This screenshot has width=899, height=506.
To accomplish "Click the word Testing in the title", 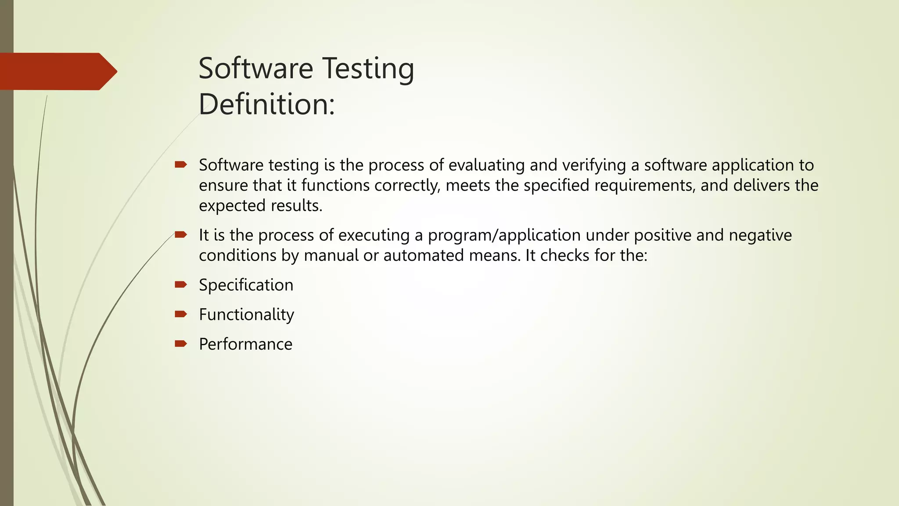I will [x=368, y=69].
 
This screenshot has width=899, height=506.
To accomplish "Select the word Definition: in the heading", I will [x=266, y=105].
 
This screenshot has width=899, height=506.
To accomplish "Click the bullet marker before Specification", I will [x=180, y=285].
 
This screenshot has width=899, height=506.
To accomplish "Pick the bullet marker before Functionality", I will [x=180, y=314].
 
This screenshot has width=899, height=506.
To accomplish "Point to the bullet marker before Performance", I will [x=180, y=343].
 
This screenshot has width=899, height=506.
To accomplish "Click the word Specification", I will [x=246, y=285].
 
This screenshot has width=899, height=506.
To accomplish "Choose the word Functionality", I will [x=246, y=314].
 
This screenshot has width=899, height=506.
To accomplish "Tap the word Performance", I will [x=245, y=344].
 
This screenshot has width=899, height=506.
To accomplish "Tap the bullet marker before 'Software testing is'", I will [x=180, y=165].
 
